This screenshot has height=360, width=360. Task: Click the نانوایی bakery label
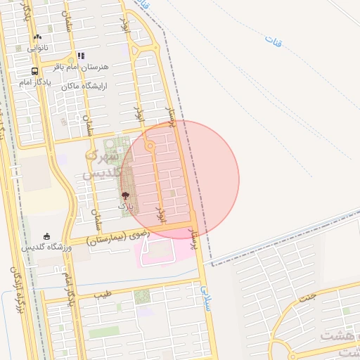(x=38, y=49)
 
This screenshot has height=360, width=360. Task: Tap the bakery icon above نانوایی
(x=37, y=37)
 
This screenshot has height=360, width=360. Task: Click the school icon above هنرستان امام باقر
(x=81, y=56)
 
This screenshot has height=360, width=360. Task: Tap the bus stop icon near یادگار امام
(x=34, y=72)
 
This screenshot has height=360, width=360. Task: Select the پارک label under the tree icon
(x=124, y=206)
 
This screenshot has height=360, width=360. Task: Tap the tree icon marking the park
(x=125, y=195)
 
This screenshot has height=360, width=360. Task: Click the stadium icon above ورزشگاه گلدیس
(x=46, y=236)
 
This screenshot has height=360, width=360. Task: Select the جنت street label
(x=307, y=297)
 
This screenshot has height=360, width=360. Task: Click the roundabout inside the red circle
(x=150, y=146)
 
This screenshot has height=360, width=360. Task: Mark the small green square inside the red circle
(x=173, y=193)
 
